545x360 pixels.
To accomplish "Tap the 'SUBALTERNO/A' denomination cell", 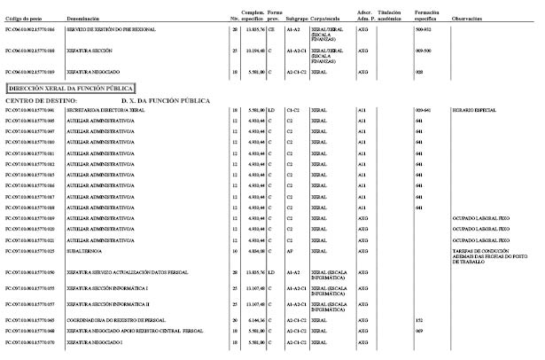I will (x=94, y=251).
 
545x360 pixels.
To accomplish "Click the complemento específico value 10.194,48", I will (x=255, y=51).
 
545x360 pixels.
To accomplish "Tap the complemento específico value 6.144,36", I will (x=255, y=319).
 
